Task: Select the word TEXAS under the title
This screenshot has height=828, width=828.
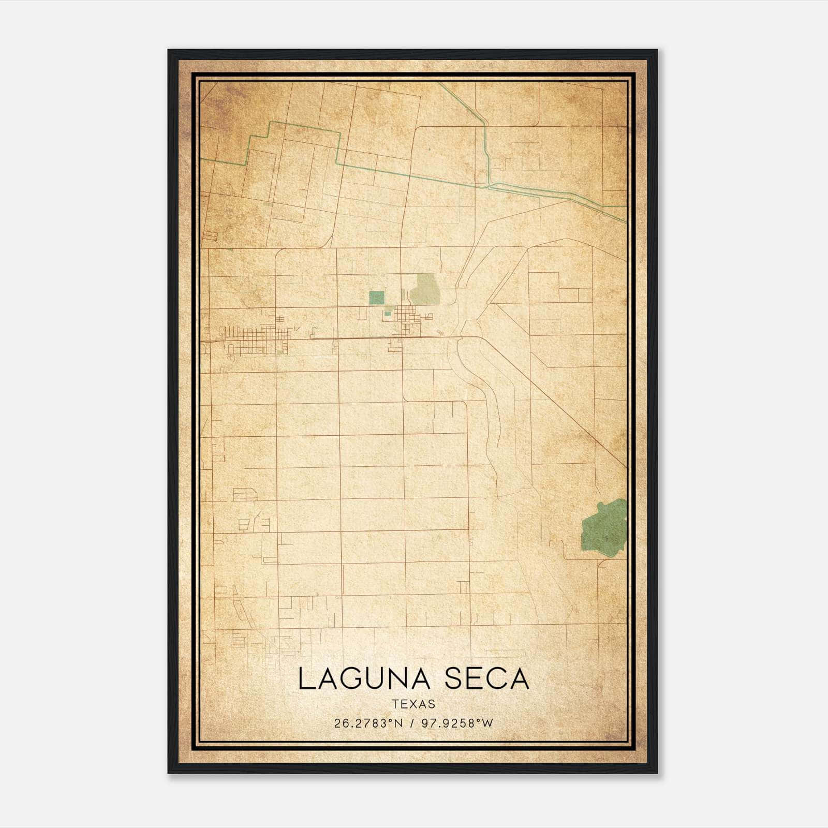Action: pyautogui.click(x=413, y=704)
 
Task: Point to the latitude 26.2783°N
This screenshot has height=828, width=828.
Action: pyautogui.click(x=368, y=723)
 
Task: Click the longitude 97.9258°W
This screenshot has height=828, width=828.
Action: pyautogui.click(x=457, y=723)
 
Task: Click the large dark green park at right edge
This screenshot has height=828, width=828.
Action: pyautogui.click(x=604, y=528)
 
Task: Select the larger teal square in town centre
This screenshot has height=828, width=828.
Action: pyautogui.click(x=377, y=297)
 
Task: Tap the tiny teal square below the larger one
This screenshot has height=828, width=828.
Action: pyautogui.click(x=388, y=313)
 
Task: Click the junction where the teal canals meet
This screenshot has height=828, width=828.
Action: pyautogui.click(x=489, y=185)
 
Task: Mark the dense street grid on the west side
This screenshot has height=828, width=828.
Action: pyautogui.click(x=256, y=339)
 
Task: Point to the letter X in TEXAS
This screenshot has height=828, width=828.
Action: pyautogui.click(x=413, y=704)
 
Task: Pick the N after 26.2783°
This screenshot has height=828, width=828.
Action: pyautogui.click(x=398, y=723)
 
